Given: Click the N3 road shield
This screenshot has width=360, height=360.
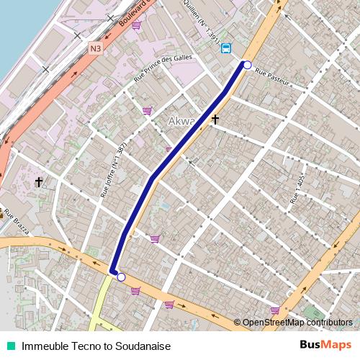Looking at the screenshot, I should point(96,49).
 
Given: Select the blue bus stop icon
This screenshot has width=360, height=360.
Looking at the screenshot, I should point(226,48).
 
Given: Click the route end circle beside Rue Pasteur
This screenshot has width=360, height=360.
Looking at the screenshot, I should point(247,66).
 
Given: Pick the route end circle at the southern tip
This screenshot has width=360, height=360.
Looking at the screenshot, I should point(121,277).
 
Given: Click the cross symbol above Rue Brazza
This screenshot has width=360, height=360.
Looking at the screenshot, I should point(39,182).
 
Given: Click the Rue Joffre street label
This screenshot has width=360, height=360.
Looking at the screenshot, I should point(113,170).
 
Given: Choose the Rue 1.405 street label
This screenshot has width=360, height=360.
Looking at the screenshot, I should point(296,193).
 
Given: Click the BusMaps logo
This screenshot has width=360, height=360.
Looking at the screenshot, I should point(325,345).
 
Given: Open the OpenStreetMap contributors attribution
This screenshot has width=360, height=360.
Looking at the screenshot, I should point(297,323).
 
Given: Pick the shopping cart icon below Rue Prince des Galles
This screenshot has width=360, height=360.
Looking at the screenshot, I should point(147,111).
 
